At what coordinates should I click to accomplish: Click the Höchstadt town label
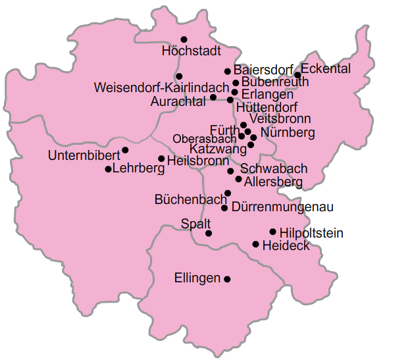coord(192,51)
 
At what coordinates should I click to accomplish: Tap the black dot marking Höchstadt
coord(184,39)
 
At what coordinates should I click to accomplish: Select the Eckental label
coord(326,69)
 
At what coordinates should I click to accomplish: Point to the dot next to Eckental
coord(297,75)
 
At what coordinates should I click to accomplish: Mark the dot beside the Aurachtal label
coord(213,97)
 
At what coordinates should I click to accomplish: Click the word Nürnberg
coord(288,133)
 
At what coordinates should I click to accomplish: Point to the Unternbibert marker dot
coord(125,150)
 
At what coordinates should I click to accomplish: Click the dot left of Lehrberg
coord(108,169)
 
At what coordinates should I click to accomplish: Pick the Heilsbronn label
coord(198,160)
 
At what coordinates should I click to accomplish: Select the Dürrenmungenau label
coord(282,207)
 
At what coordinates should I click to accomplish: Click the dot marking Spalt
coord(209,233)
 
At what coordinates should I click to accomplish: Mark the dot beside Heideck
coord(255,244)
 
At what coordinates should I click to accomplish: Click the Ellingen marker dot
coord(227,279)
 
